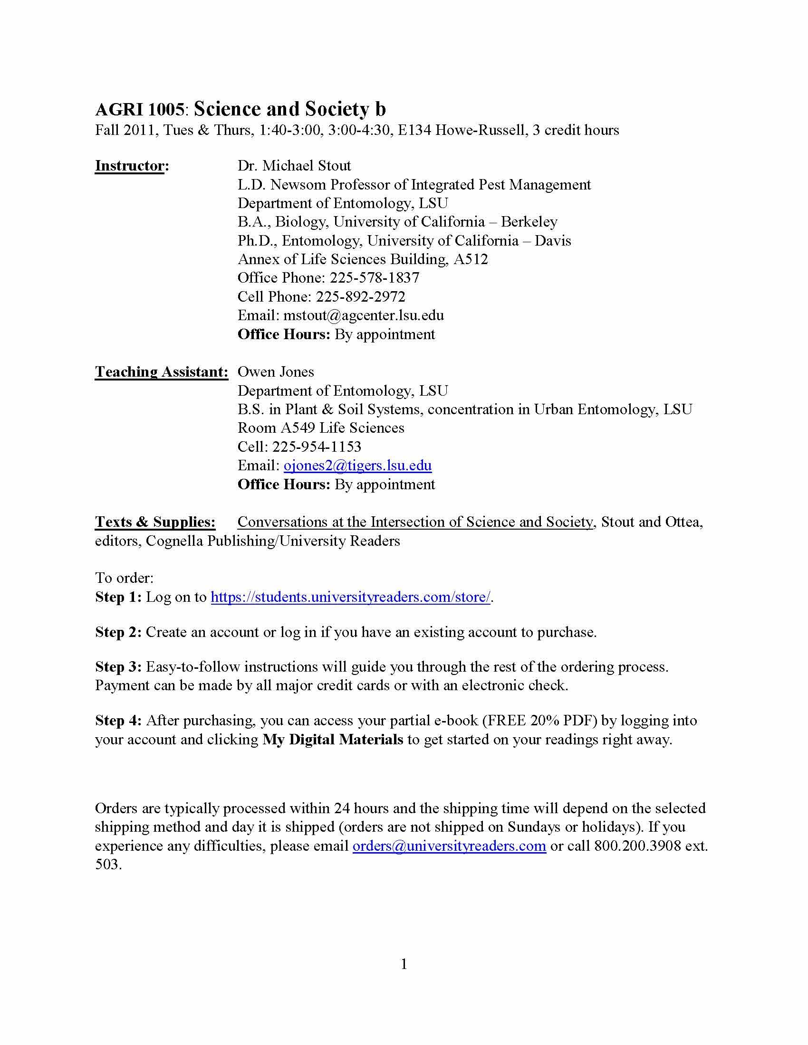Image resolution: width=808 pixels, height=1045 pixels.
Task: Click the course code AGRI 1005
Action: point(139,110)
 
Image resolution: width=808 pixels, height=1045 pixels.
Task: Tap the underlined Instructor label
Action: point(130,166)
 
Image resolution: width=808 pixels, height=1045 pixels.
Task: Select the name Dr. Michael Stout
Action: point(294,166)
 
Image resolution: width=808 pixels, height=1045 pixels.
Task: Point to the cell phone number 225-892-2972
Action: point(360,297)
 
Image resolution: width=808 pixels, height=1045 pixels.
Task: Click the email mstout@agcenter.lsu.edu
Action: point(363,315)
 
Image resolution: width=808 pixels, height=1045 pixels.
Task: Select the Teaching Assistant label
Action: point(161,372)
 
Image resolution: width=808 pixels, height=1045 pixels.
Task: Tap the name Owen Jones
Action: point(276,372)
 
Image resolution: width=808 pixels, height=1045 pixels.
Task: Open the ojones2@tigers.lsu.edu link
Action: point(357,465)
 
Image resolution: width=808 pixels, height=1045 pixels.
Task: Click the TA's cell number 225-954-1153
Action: point(317,446)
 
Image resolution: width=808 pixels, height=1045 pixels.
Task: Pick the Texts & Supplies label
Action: point(155,522)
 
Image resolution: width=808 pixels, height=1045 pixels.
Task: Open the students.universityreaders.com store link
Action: point(350,597)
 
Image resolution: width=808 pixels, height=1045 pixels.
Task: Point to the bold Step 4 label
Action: point(118,720)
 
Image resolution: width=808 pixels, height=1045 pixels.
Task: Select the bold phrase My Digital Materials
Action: point(333,739)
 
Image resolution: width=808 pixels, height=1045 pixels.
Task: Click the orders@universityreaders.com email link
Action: point(449,845)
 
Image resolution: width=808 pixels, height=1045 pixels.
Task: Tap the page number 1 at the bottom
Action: point(404,964)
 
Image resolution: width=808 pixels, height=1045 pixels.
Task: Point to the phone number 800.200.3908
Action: point(637,845)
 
